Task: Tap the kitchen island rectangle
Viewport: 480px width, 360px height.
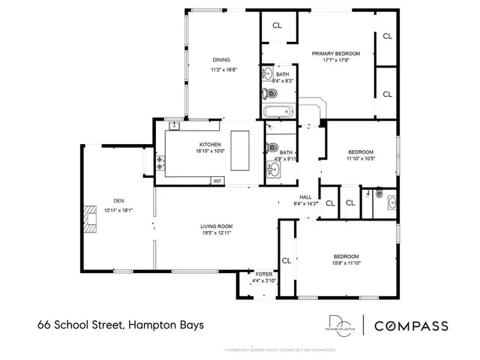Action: tap(240, 151)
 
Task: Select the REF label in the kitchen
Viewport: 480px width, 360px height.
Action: tap(217, 181)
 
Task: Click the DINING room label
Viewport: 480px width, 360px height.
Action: tap(220, 60)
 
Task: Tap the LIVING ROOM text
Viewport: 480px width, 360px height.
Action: tap(216, 226)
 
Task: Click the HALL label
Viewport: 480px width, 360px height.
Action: tap(306, 196)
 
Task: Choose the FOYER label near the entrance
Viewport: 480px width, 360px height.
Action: tap(263, 274)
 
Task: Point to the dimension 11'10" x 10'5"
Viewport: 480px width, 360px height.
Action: tap(360, 158)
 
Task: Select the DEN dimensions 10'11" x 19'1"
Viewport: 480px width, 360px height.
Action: tap(118, 210)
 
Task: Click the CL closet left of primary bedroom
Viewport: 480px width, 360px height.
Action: tap(277, 25)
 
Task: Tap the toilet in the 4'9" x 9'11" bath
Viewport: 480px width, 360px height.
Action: tap(273, 148)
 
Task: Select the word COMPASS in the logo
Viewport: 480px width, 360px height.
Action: tap(411, 325)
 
